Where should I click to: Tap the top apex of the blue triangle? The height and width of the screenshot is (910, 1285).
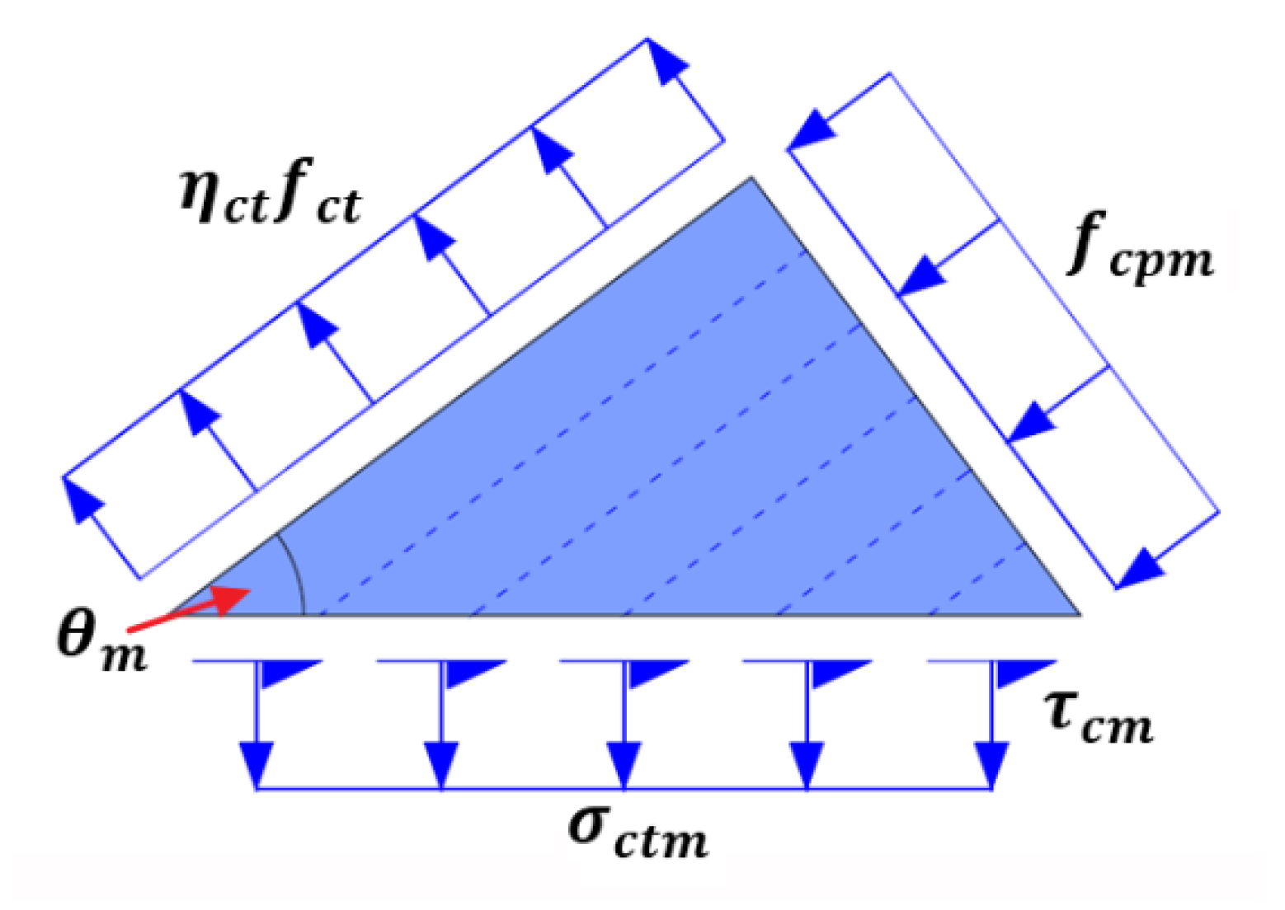751,178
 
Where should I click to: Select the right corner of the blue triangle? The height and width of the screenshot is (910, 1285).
1079,614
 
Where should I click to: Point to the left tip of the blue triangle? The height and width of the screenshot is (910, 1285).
169,614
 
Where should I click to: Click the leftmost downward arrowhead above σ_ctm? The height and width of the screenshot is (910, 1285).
257,763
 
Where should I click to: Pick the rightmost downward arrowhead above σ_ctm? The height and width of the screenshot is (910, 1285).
991,763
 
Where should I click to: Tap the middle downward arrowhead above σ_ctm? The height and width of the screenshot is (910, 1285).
624,763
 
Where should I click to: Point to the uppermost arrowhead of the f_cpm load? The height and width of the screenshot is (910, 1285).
812,132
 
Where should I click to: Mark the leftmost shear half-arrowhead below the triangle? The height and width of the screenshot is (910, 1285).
285,672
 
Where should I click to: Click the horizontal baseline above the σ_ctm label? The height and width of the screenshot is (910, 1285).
624,789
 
